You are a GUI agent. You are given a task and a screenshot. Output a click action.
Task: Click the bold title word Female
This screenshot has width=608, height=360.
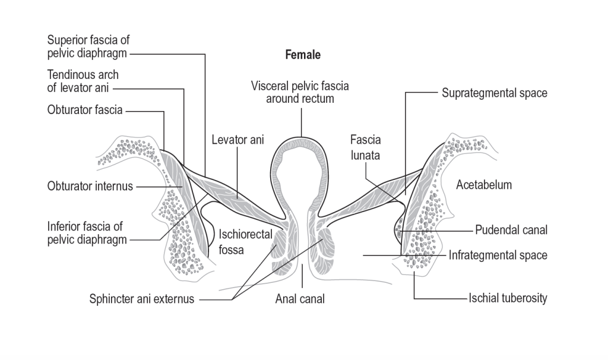pyautogui.click(x=303, y=55)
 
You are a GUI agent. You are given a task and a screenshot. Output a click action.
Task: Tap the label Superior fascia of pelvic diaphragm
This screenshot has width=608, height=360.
pyautogui.click(x=88, y=46)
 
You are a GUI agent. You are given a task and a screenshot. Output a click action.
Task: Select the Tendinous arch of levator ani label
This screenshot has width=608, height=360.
pyautogui.click(x=83, y=82)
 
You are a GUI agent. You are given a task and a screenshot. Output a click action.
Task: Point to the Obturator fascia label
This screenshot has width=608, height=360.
pyautogui.click(x=85, y=110)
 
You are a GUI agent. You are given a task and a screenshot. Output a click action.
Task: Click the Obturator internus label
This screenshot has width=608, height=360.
pyautogui.click(x=90, y=186)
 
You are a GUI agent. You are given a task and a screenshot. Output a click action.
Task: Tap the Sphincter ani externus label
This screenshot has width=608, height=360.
pyautogui.click(x=142, y=299)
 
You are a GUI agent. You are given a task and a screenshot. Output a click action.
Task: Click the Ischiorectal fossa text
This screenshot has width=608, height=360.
pyautogui.click(x=239, y=242)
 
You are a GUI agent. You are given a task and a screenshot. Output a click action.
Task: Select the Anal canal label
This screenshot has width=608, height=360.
pyautogui.click(x=300, y=299)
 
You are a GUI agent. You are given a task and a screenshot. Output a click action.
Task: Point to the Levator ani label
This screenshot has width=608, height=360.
pyautogui.click(x=237, y=140)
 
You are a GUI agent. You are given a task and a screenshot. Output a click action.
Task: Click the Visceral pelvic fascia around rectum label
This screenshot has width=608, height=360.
pyautogui.click(x=300, y=92)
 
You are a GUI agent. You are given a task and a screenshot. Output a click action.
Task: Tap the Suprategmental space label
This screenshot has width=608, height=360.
pyautogui.click(x=495, y=93)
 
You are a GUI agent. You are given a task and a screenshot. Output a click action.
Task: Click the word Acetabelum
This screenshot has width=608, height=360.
pyautogui.click(x=484, y=185)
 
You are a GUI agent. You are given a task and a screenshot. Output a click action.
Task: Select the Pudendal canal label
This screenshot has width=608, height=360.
pyautogui.click(x=511, y=230)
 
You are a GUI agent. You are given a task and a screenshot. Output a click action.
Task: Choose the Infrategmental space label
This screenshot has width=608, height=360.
pyautogui.click(x=498, y=255)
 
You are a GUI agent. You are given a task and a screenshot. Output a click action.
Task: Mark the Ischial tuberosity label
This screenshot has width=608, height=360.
pyautogui.click(x=507, y=298)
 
